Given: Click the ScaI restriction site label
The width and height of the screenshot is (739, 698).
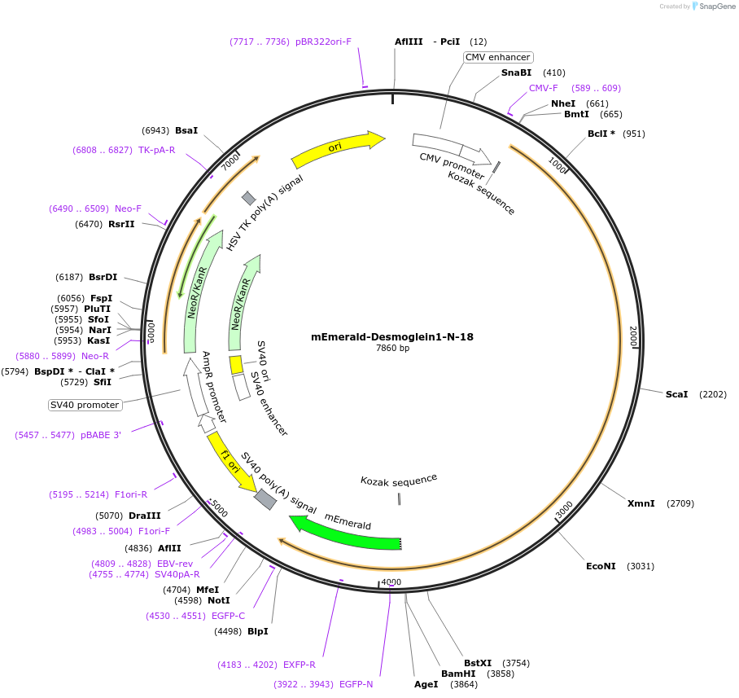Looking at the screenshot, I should (676, 394).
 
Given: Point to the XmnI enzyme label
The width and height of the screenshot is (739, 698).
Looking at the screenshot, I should (641, 503).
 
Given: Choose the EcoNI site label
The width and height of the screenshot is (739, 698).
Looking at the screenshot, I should (601, 566).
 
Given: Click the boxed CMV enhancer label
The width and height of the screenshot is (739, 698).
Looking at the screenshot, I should (498, 57).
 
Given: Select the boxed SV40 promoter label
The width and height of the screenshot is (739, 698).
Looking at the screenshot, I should (85, 405).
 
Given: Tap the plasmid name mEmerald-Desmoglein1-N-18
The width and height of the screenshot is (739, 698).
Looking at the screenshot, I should (392, 336).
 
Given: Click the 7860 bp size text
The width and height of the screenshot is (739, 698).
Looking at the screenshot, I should (392, 349).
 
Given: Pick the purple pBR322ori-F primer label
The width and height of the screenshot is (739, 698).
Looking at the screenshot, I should (323, 42).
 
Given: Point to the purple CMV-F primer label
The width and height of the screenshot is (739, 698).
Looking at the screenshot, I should (544, 88).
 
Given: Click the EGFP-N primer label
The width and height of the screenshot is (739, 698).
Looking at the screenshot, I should (356, 684).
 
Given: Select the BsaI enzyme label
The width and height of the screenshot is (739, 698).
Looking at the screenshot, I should (186, 130).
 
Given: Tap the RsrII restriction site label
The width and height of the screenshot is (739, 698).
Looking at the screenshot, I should (121, 224).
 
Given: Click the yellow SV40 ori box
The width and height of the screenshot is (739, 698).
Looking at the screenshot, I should (236, 364).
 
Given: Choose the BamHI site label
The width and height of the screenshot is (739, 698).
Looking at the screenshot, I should (457, 674).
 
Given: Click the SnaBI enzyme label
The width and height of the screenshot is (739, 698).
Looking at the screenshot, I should (516, 72).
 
